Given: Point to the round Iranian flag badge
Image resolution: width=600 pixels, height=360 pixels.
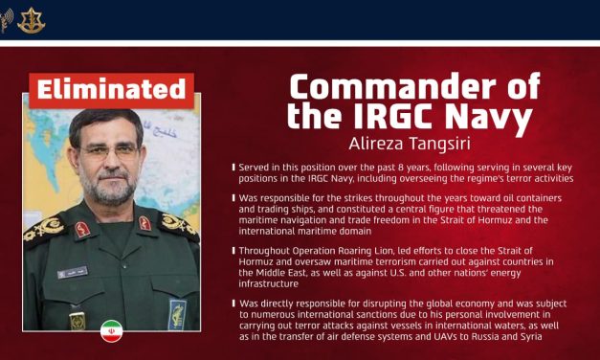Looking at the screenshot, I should tap(111, 331).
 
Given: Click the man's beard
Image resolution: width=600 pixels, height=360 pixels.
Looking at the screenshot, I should tap(111, 191).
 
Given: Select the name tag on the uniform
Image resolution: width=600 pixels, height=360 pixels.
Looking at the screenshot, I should tap(72, 273).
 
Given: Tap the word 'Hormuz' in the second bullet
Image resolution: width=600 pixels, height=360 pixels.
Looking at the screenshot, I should tap(476, 219).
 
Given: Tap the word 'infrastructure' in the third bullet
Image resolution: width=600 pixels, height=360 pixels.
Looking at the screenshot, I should tap(276, 282).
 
